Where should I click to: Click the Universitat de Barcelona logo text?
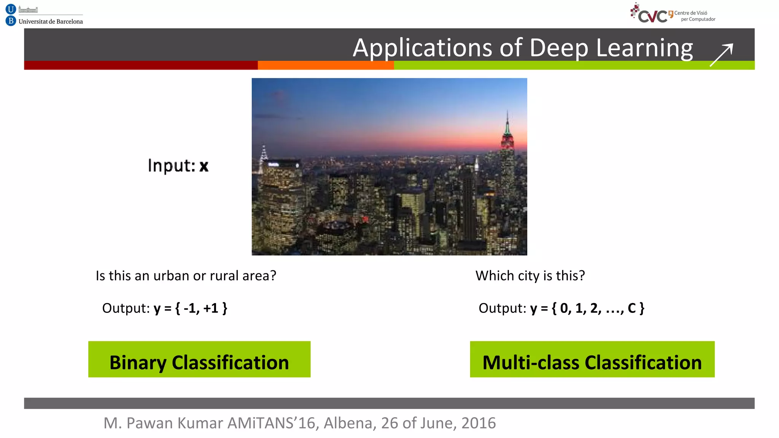51,22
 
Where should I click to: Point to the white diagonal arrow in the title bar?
721,55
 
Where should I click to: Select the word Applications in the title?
422,48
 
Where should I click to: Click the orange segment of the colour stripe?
326,65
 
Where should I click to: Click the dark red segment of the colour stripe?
141,65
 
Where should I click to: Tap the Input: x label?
178,166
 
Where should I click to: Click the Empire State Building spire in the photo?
507,122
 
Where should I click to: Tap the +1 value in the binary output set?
211,308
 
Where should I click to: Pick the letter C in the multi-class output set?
632,308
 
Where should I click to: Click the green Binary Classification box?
199,359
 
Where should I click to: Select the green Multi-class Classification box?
592,359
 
